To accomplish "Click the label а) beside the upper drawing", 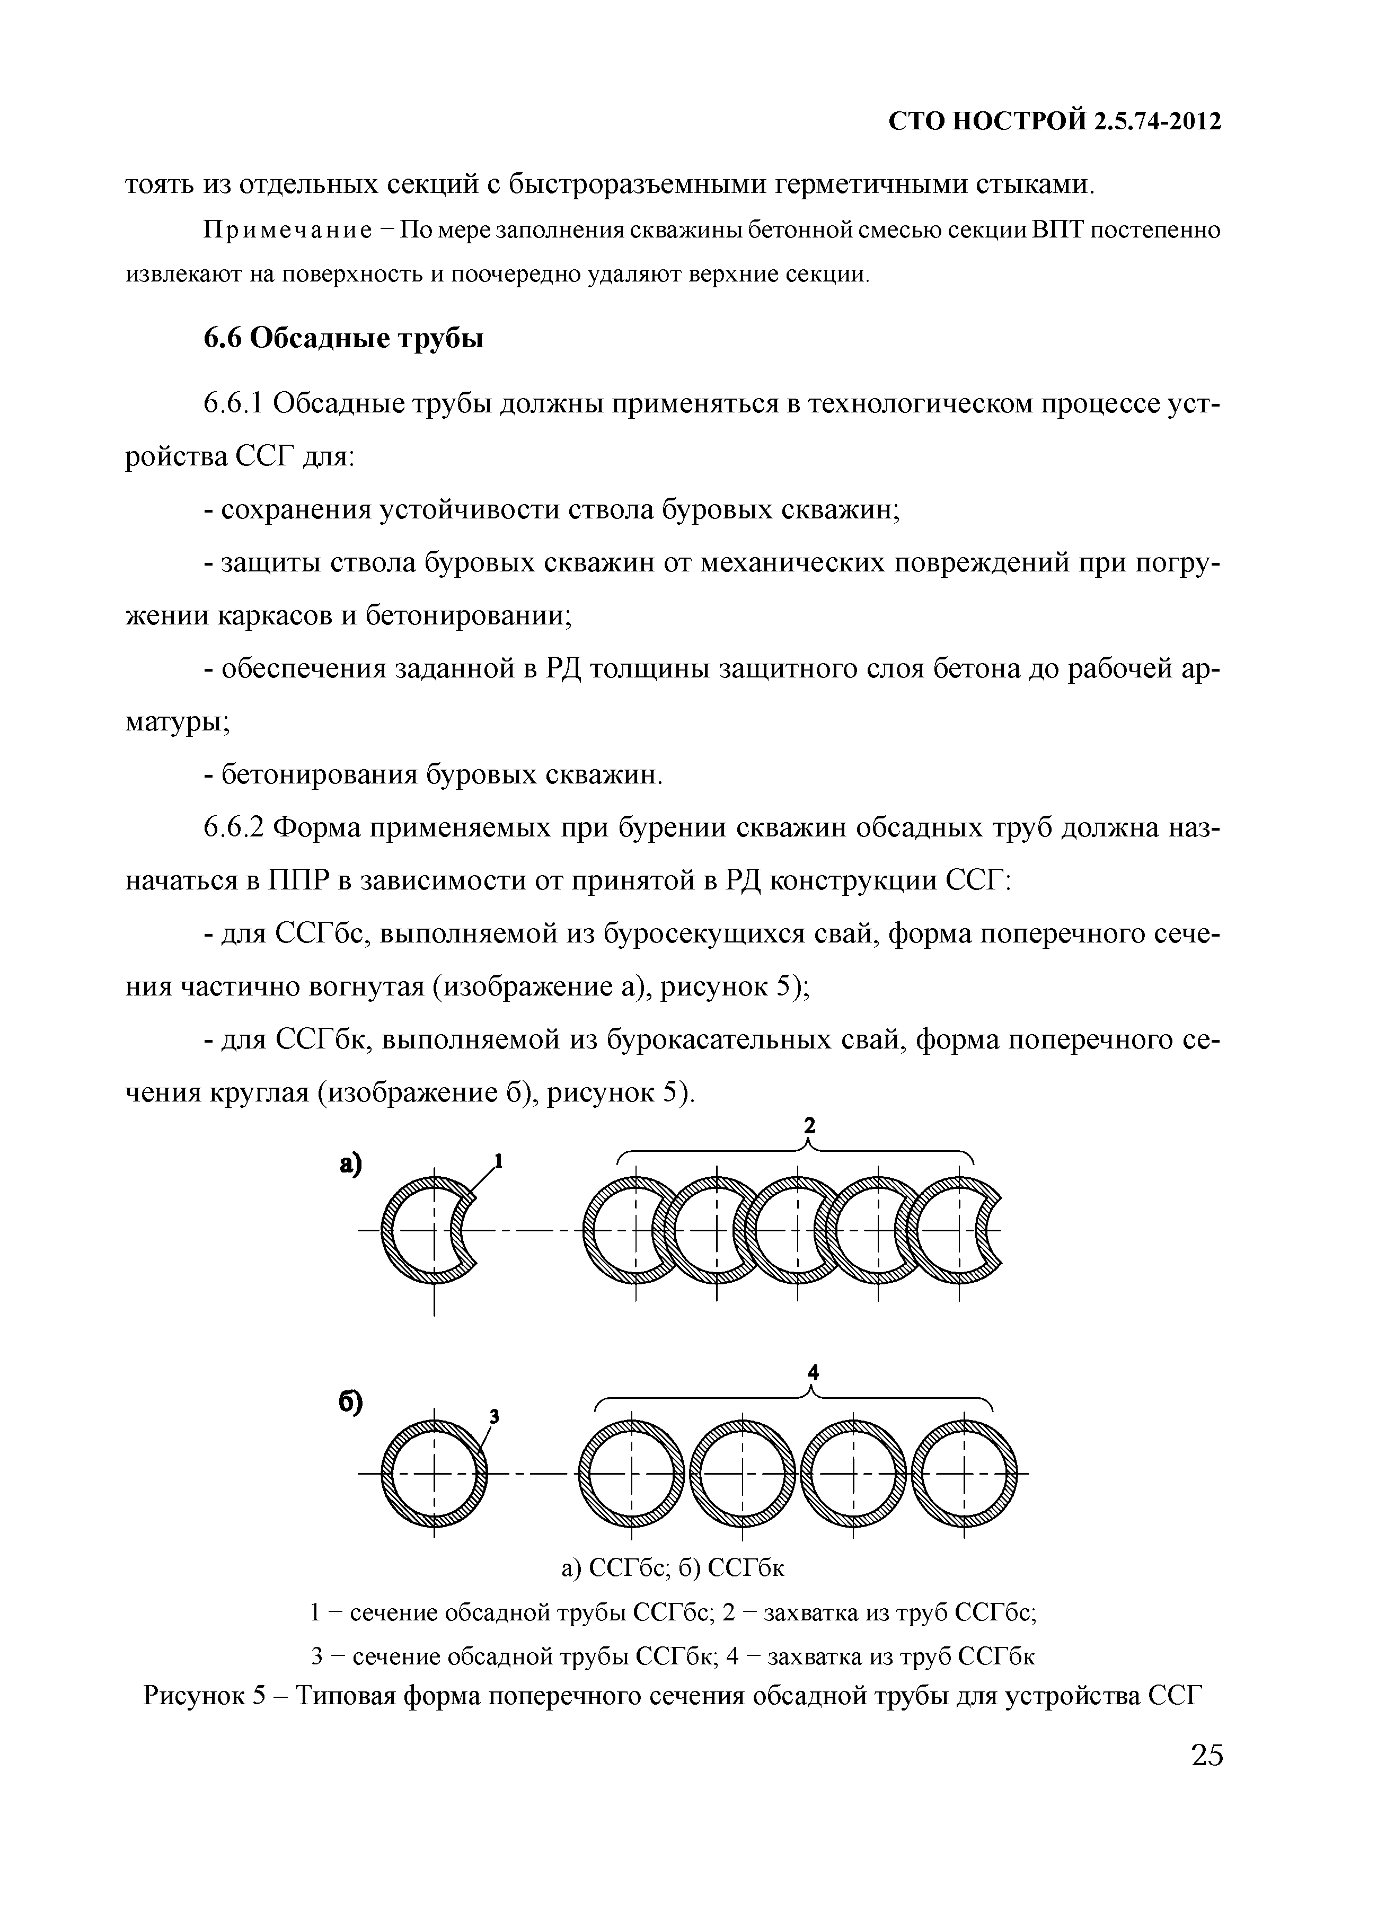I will click(x=350, y=1165).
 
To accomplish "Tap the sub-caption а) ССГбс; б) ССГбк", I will click(x=673, y=1568).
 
